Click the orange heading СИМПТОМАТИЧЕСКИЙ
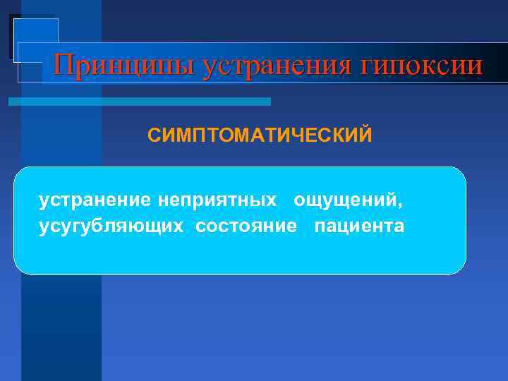[x=259, y=135]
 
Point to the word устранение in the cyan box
[x=95, y=200]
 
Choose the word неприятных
[x=217, y=200]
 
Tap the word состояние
[x=246, y=226]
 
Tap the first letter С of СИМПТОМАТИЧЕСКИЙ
[x=154, y=135]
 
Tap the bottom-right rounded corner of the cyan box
[x=461, y=269]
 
